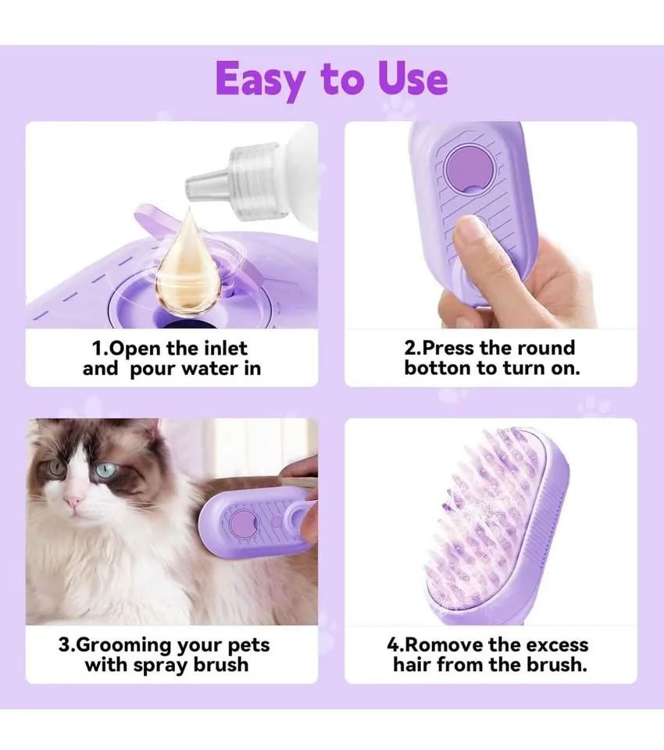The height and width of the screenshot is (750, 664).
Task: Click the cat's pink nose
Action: click(x=75, y=500)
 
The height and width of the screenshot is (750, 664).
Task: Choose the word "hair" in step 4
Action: click(x=412, y=666)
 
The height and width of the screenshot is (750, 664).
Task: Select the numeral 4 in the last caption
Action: click(x=393, y=645)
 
